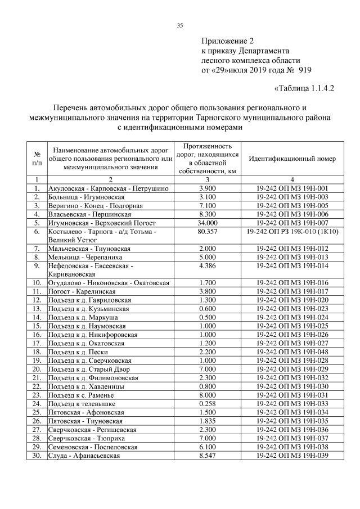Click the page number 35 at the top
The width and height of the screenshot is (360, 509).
click(x=180, y=25)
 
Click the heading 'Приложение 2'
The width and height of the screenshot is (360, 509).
click(x=228, y=41)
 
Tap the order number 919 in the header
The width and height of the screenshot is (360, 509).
click(x=304, y=70)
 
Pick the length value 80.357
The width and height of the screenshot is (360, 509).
click(x=208, y=231)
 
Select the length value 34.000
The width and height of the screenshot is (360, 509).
click(x=208, y=223)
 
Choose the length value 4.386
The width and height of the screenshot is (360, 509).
click(x=208, y=265)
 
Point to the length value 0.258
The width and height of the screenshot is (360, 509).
click(x=208, y=403)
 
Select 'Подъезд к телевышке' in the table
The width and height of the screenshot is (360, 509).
click(x=82, y=403)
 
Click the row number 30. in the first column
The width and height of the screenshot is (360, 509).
click(x=37, y=455)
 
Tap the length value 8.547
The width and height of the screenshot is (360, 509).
click(x=208, y=455)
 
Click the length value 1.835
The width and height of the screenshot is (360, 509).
click(x=208, y=421)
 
